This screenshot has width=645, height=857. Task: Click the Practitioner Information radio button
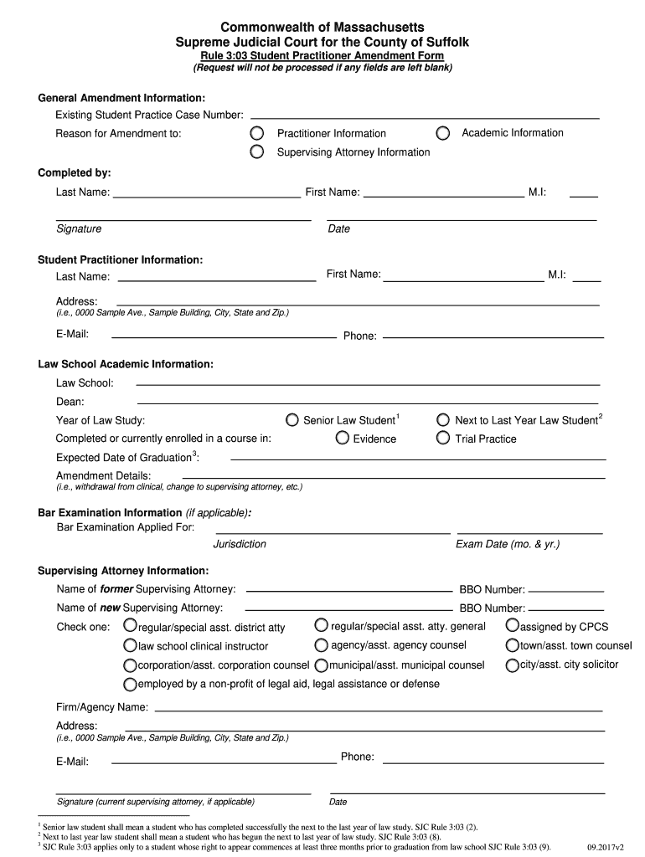click(258, 134)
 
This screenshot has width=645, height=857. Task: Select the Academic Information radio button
click(443, 133)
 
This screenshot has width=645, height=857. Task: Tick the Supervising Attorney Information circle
click(258, 152)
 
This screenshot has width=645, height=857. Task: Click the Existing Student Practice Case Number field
click(425, 115)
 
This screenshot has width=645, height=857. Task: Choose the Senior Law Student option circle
click(292, 420)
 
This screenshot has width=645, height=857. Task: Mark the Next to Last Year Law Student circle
click(443, 420)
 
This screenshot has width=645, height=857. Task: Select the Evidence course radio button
click(342, 439)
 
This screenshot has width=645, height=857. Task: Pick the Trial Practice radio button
click(443, 439)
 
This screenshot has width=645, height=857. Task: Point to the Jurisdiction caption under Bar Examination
click(240, 544)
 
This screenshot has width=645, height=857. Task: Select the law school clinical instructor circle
click(130, 645)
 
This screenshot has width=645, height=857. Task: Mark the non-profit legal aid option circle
click(130, 684)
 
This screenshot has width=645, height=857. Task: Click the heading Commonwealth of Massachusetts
click(322, 28)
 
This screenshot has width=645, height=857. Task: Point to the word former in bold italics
click(117, 589)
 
